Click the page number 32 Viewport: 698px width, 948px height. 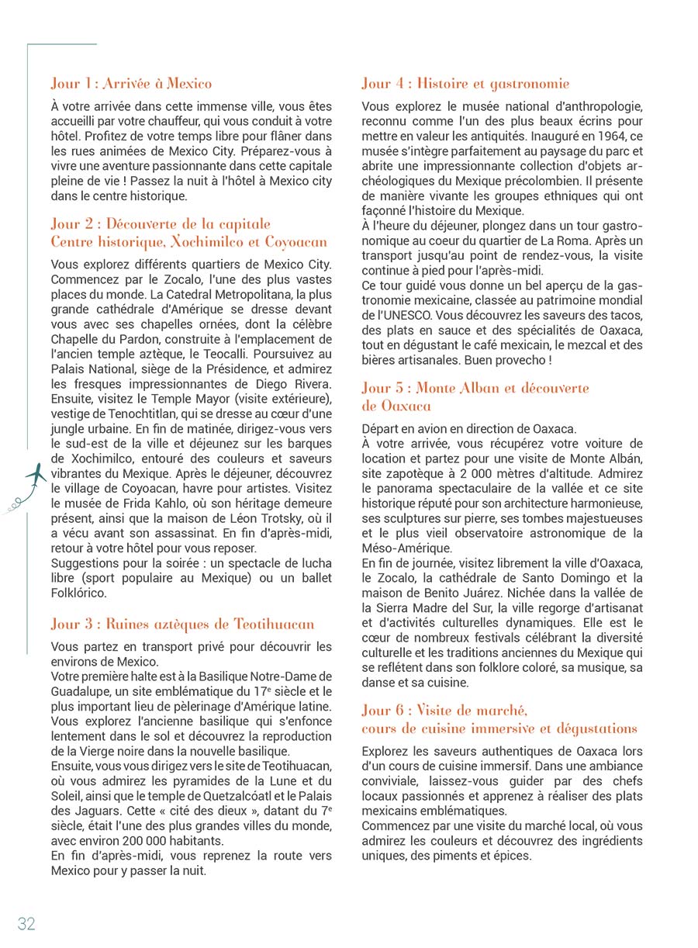tap(26, 922)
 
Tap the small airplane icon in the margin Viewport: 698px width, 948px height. tap(33, 475)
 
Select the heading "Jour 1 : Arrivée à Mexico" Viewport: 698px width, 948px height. tap(131, 83)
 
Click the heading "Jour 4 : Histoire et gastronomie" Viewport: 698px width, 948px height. tap(465, 84)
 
